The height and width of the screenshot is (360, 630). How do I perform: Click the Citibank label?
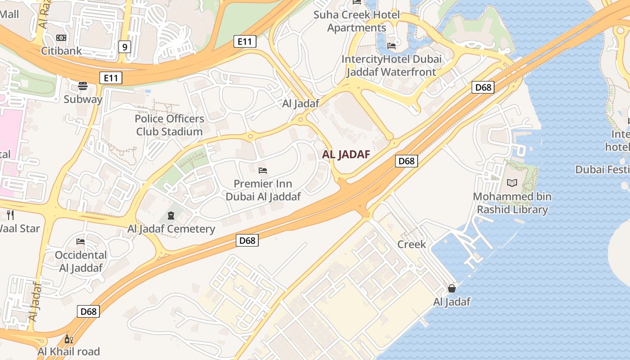tap(62, 50)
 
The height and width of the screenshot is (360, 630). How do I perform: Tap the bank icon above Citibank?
tap(61, 38)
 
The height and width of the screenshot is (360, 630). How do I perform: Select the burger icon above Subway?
tap(83, 85)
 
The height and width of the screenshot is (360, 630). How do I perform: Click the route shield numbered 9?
tap(125, 46)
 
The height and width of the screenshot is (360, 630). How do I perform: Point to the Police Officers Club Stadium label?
tap(169, 125)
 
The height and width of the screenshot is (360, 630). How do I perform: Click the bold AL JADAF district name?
tap(346, 155)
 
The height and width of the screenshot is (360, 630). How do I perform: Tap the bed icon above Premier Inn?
tap(263, 170)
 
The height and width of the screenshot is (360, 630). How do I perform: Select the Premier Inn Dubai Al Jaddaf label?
tap(263, 190)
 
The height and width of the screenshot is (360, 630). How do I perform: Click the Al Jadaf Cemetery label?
tap(171, 229)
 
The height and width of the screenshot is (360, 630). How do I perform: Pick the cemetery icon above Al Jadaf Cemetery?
tap(171, 216)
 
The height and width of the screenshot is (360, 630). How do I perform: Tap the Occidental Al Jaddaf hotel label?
tap(81, 261)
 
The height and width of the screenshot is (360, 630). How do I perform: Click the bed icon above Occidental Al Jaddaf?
tap(81, 242)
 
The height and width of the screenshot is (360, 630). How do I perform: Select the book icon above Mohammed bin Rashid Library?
tap(512, 183)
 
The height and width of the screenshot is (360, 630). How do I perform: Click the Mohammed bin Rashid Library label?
tap(512, 203)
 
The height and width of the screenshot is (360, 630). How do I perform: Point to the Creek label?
tap(411, 244)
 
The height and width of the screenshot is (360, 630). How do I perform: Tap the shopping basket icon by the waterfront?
tap(452, 288)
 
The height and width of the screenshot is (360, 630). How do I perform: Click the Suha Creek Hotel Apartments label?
tap(357, 21)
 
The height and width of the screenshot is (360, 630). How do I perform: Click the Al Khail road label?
tap(69, 351)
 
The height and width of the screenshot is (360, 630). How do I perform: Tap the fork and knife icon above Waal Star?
tap(10, 215)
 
